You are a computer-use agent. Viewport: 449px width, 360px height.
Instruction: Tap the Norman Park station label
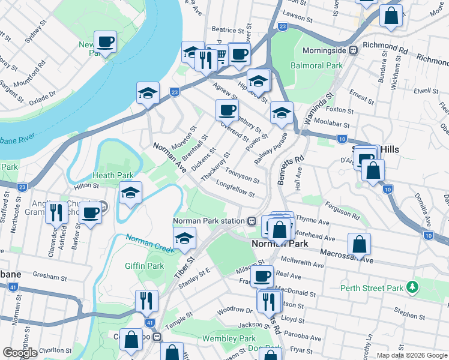click(209, 221)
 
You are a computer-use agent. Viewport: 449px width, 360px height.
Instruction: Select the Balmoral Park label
click(316, 65)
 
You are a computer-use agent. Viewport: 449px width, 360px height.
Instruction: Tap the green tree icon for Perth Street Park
click(412, 288)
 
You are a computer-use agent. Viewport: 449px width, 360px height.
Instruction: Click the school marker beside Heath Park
click(130, 194)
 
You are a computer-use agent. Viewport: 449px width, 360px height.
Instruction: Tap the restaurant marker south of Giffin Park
click(146, 301)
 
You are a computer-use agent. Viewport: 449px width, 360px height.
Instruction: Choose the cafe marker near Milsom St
click(262, 277)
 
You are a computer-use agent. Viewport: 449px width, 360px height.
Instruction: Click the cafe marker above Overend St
click(228, 110)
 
